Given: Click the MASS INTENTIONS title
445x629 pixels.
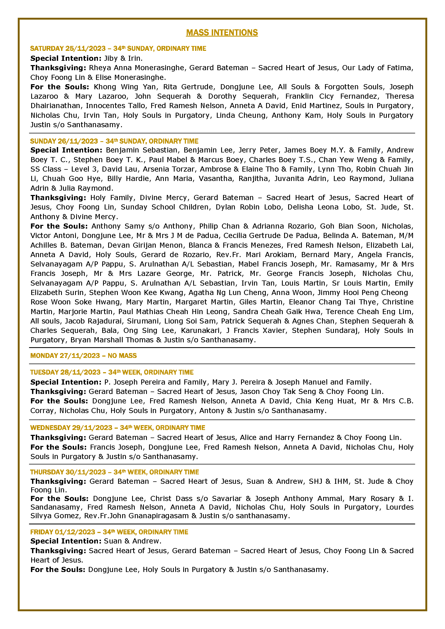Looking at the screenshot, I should pyautogui.click(x=222, y=33).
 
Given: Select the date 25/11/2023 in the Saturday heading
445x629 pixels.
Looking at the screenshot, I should pyautogui.click(x=85, y=48).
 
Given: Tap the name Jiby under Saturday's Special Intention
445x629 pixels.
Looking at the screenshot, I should pyautogui.click(x=110, y=58).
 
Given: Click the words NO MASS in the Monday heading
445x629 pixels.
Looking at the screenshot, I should pyautogui.click(x=122, y=356).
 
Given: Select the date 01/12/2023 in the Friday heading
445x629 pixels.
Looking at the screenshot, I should pyautogui.click(x=75, y=532).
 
